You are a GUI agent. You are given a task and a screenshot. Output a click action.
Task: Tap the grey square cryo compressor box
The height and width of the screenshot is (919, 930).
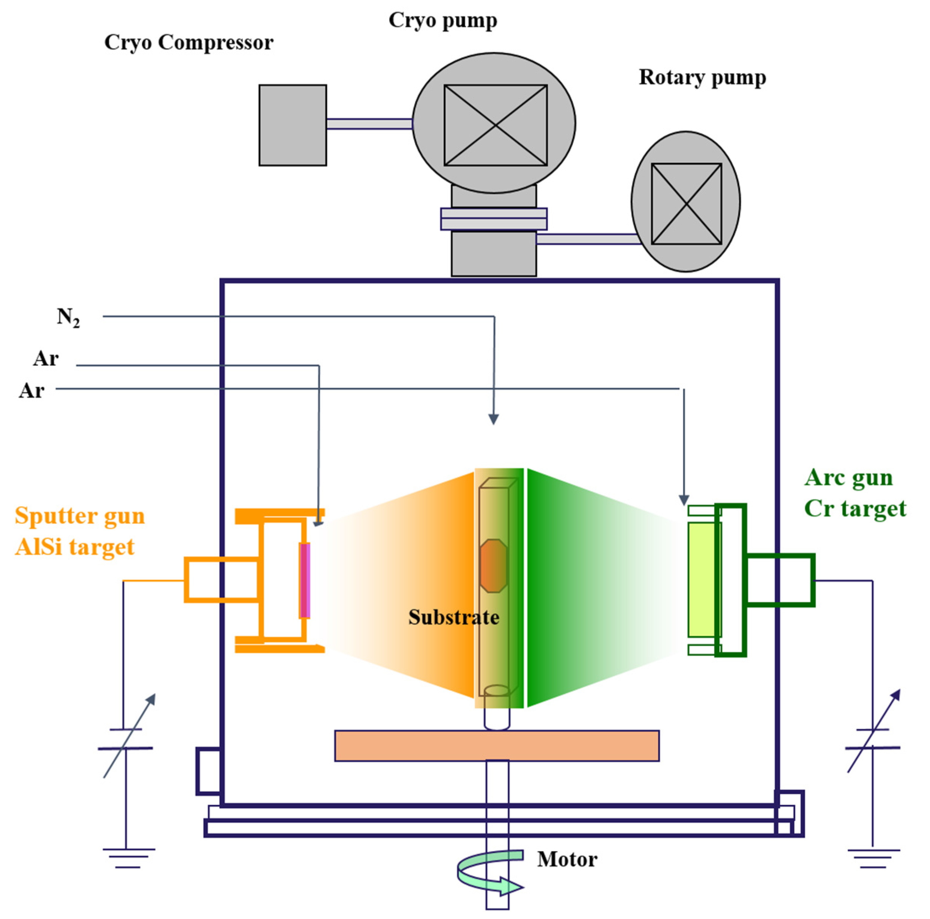(x=293, y=125)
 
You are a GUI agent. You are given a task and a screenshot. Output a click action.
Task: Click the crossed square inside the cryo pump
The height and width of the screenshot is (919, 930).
(x=495, y=125)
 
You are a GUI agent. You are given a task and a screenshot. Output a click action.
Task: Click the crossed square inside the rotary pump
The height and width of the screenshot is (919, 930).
(x=686, y=204)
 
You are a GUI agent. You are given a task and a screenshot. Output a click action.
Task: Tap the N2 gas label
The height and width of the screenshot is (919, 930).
(x=68, y=318)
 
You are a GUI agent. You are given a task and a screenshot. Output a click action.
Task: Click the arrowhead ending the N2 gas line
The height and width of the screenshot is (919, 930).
(x=493, y=419)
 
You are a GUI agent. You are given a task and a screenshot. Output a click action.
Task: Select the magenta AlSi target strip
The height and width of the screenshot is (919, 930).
(x=304, y=580)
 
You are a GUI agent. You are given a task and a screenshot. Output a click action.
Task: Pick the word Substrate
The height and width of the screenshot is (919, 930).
(x=453, y=618)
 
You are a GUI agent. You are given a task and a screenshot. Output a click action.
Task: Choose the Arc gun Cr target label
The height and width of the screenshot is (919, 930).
(x=855, y=493)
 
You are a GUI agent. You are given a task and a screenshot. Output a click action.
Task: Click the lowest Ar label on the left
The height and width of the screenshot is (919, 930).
(x=32, y=390)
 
